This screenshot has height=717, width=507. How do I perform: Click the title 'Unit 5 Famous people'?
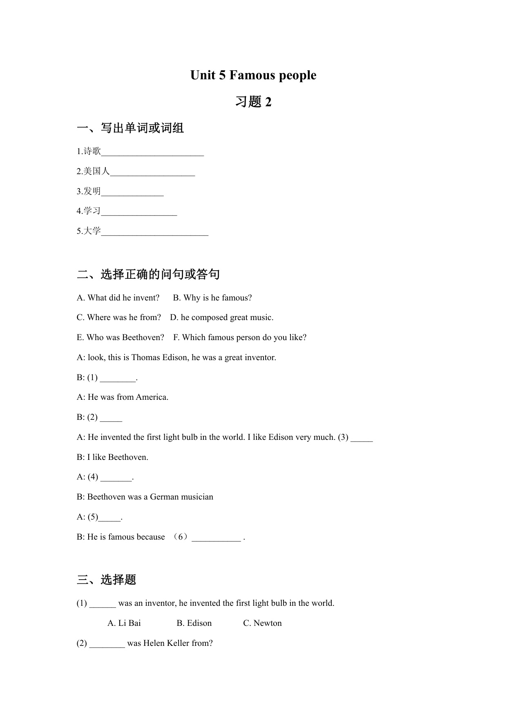click(253, 75)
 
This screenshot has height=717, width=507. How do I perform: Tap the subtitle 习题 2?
click(253, 102)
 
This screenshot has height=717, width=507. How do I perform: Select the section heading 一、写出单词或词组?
click(130, 128)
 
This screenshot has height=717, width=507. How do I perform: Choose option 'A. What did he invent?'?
click(118, 298)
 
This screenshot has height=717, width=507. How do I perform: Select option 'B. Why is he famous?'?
click(212, 298)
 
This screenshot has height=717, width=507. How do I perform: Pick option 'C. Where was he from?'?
click(119, 318)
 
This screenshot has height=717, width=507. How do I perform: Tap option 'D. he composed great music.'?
click(222, 318)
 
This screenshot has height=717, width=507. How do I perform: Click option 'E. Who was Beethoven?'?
click(121, 338)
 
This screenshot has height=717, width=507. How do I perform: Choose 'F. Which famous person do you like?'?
click(240, 338)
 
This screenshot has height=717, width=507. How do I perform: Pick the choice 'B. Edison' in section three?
click(194, 623)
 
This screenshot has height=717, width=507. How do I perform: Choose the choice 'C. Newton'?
click(262, 623)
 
